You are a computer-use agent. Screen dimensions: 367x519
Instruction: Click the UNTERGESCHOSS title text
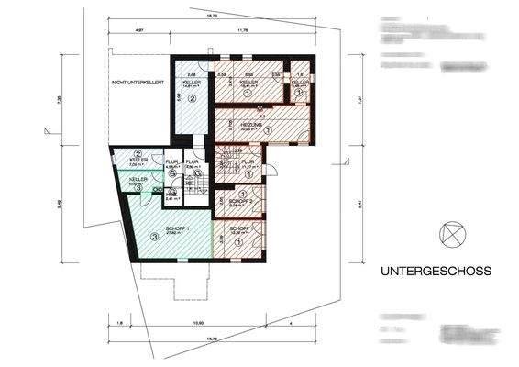pyautogui.click(x=436, y=272)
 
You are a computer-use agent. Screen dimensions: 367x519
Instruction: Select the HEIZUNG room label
pyautogui.click(x=252, y=123)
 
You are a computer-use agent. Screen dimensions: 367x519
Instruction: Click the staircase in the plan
pyautogui.click(x=226, y=170)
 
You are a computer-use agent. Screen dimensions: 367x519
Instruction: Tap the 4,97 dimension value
pyautogui.click(x=139, y=31)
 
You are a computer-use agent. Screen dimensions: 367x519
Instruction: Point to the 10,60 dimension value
pyautogui.click(x=195, y=323)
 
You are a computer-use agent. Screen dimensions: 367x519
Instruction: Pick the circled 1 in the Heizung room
pyautogui.click(x=268, y=130)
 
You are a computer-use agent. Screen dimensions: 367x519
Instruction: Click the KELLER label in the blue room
pyautogui.click(x=192, y=81)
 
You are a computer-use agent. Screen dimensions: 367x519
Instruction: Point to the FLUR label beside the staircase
pyautogui.click(x=248, y=161)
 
